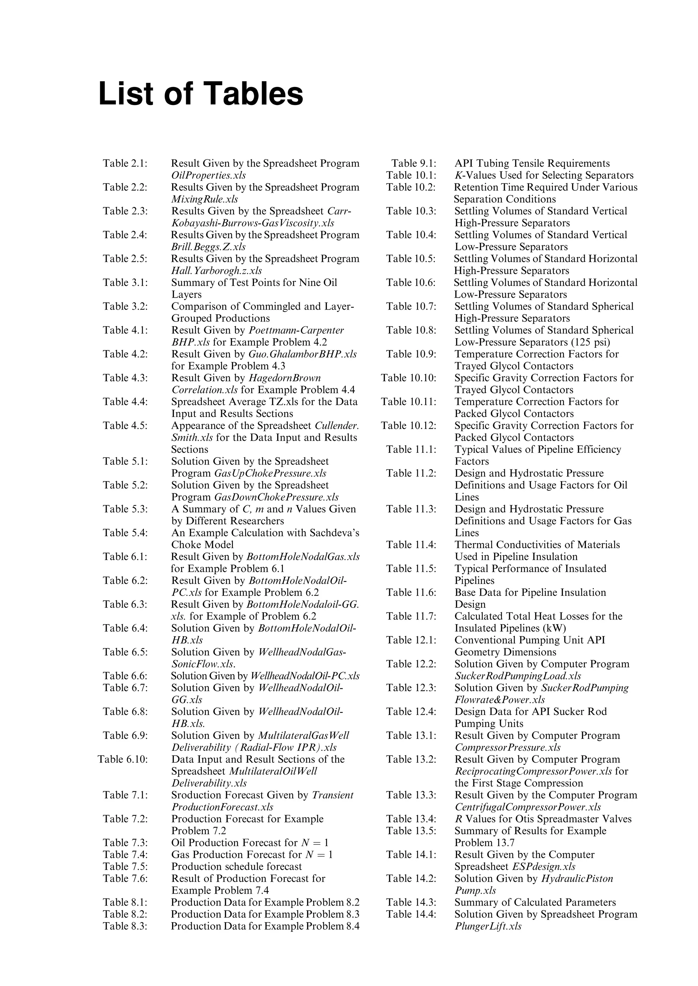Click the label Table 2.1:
point(125,163)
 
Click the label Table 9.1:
point(413,163)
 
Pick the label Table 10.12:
point(408,426)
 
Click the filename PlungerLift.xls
point(488,926)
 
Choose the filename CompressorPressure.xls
point(507,747)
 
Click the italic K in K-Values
point(458,176)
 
